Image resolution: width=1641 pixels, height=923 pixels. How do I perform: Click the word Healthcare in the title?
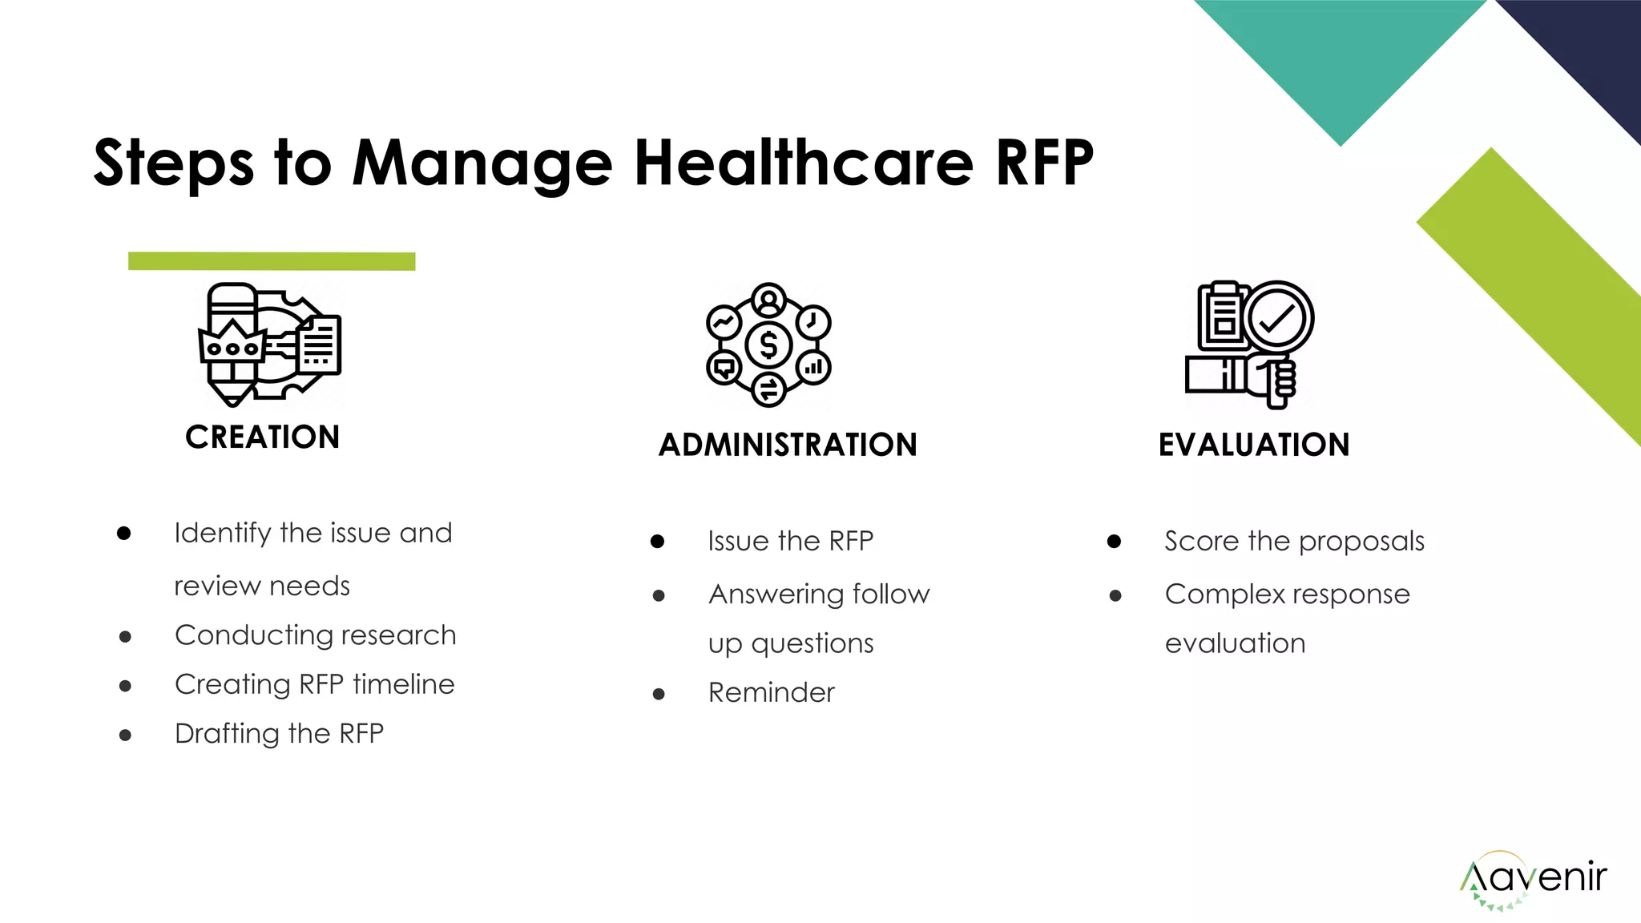pos(804,163)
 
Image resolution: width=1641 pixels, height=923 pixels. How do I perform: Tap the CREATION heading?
pos(263,437)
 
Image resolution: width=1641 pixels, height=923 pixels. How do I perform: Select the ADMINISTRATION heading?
pos(788,445)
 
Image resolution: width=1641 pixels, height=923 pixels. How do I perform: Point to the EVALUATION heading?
pos(1254,445)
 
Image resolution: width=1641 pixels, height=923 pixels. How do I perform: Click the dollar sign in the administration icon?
pos(768,345)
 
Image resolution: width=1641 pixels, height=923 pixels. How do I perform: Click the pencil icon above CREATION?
pos(231,345)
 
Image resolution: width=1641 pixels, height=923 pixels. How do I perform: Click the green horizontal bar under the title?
pos(272,261)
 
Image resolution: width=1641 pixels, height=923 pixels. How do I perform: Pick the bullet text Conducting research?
pos(316,635)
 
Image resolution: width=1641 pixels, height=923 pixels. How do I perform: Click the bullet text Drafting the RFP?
pos(279,734)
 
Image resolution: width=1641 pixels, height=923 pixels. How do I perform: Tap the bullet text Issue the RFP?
pos(790,542)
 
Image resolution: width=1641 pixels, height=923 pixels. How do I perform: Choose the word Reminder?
pos(771,693)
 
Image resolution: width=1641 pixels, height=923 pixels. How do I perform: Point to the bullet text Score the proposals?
pos(1294,542)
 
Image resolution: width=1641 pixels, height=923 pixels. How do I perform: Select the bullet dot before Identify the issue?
pos(123,534)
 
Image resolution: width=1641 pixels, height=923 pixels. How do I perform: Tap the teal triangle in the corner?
pos(1341,56)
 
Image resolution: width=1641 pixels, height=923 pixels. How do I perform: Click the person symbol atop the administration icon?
pos(769,301)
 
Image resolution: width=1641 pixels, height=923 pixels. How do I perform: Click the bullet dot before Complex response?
pos(1115,595)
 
